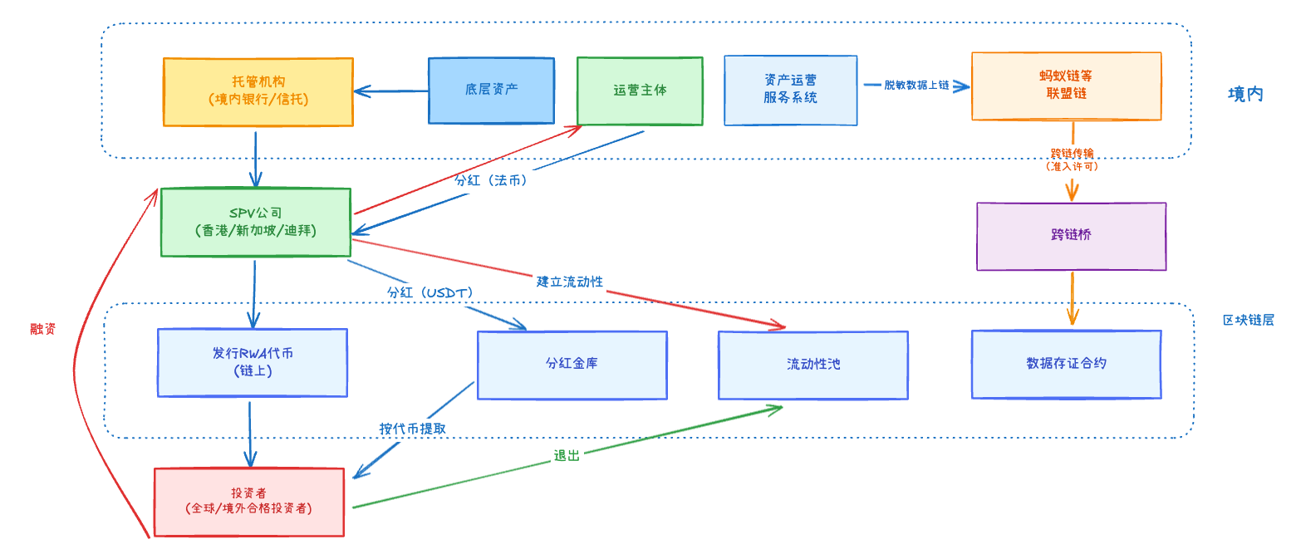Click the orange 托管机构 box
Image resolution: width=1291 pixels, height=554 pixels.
click(258, 91)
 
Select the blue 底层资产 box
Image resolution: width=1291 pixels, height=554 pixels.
click(491, 90)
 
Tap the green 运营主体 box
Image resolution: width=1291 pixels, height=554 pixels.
click(640, 91)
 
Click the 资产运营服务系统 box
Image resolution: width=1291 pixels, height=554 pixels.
click(790, 90)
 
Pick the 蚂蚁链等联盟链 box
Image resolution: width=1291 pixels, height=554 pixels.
click(1066, 86)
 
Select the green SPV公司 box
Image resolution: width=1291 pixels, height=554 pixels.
click(255, 222)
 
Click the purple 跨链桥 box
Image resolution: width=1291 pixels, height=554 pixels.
click(1071, 236)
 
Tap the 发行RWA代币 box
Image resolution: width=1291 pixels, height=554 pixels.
click(253, 362)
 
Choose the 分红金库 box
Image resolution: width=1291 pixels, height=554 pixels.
click(572, 365)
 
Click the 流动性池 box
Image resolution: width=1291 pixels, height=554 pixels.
click(812, 365)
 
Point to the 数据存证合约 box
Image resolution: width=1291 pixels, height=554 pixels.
click(1066, 364)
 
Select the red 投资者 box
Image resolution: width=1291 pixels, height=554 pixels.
click(249, 501)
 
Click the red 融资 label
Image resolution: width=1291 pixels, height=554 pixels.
click(43, 329)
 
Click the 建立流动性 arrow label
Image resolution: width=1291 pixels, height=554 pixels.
click(569, 282)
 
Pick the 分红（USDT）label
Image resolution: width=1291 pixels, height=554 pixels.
click(429, 293)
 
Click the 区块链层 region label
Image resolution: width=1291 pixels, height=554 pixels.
click(1247, 320)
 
